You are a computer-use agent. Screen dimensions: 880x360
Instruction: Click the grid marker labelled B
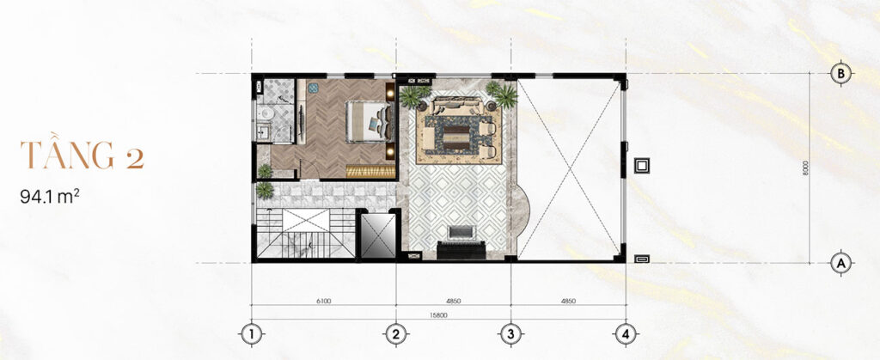click(x=840, y=73)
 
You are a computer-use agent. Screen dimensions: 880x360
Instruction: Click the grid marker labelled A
click(x=840, y=262)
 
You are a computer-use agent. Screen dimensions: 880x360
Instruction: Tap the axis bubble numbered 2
click(x=395, y=335)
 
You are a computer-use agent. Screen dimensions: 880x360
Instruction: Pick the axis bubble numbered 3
click(x=510, y=335)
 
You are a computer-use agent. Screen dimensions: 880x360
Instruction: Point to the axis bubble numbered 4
click(x=625, y=335)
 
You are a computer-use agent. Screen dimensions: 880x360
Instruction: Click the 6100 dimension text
click(x=324, y=301)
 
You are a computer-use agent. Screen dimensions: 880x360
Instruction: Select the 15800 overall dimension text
click(x=439, y=315)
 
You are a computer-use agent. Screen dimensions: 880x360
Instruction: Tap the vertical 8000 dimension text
click(x=805, y=168)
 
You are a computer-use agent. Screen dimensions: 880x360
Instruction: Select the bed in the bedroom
click(x=369, y=121)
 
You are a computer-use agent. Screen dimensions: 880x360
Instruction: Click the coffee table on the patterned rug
click(x=457, y=135)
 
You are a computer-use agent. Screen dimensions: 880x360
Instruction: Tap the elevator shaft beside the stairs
click(x=378, y=235)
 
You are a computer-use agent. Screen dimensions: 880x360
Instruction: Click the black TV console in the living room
click(x=461, y=249)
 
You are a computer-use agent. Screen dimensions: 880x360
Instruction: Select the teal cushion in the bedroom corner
click(x=313, y=88)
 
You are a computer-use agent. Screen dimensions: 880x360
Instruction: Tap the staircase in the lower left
click(x=305, y=234)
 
